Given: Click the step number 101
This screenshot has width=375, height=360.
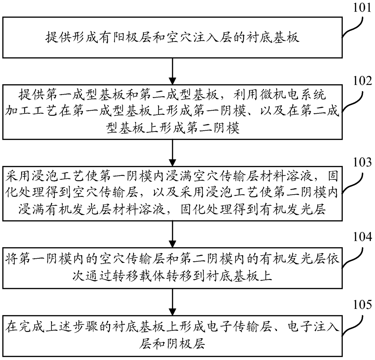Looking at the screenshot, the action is click(362, 8).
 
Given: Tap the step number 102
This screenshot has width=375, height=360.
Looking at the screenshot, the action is click(362, 81).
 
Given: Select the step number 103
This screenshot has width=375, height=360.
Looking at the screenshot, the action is click(362, 162).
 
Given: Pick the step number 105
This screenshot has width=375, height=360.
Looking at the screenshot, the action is click(362, 305).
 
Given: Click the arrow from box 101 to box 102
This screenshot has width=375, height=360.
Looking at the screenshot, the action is click(172, 71).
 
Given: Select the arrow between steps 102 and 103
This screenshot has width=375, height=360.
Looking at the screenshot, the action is click(172, 153).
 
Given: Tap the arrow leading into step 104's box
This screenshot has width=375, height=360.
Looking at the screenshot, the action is click(172, 234).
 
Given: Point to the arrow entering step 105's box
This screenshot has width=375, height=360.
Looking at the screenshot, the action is click(172, 302).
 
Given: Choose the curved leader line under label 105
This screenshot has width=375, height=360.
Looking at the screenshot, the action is click(353, 326).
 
